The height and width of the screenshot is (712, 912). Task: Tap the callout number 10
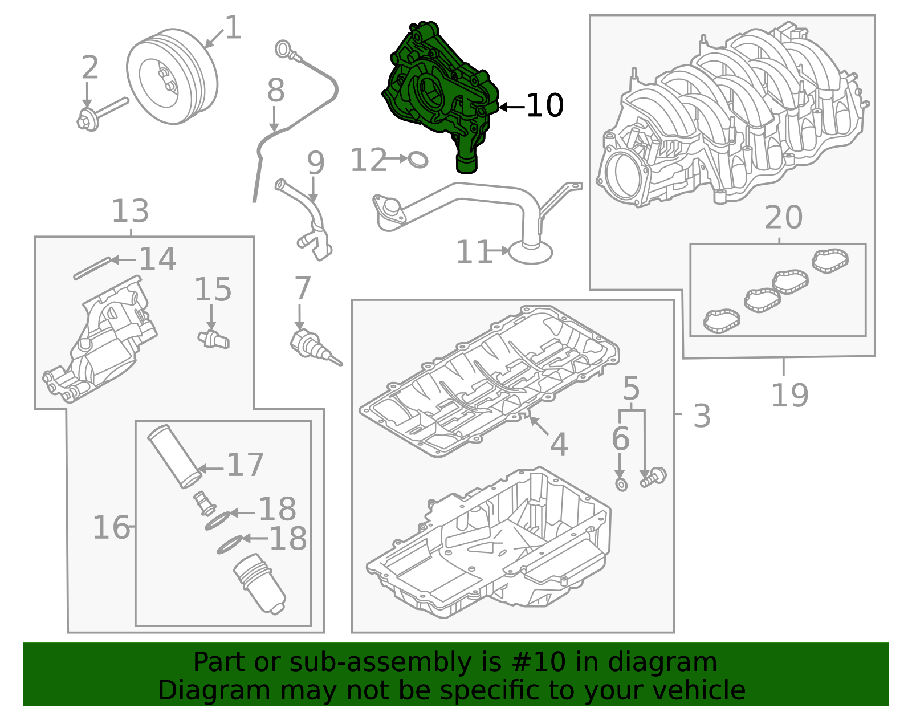(x=544, y=105)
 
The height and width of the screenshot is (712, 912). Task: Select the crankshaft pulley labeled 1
(x=172, y=77)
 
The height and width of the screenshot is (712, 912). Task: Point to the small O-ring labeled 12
(x=418, y=160)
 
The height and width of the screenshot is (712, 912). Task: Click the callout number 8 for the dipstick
(x=276, y=90)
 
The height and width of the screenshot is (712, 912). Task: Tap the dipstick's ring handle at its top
(x=284, y=49)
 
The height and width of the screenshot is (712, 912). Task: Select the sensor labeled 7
(x=313, y=347)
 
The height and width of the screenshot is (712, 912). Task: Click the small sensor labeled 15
(x=214, y=339)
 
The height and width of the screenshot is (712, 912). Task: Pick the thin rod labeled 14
(x=92, y=268)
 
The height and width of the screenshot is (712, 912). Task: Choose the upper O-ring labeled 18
(x=218, y=520)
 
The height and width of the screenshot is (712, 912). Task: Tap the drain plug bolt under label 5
(x=653, y=477)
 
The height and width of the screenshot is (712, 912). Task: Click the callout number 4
(x=559, y=444)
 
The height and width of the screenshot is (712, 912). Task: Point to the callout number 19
(x=790, y=395)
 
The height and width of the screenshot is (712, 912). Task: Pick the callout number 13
(x=130, y=211)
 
